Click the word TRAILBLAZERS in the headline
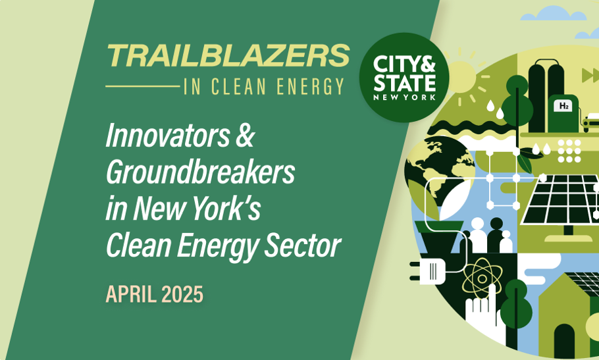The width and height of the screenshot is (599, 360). (x=228, y=55)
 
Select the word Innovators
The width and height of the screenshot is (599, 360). (x=168, y=136)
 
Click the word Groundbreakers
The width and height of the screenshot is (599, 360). (x=201, y=172)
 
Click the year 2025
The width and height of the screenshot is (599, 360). (x=182, y=294)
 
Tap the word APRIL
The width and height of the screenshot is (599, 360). (x=131, y=294)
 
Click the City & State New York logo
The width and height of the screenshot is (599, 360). (x=404, y=78)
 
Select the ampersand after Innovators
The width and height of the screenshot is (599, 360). (x=244, y=136)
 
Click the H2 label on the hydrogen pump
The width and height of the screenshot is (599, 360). (x=563, y=106)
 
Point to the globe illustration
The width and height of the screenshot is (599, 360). (x=439, y=172)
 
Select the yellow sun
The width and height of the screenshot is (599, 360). (x=461, y=77)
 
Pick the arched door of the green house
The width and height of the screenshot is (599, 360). (x=564, y=342)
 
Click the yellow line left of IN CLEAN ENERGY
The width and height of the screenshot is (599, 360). (x=142, y=87)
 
